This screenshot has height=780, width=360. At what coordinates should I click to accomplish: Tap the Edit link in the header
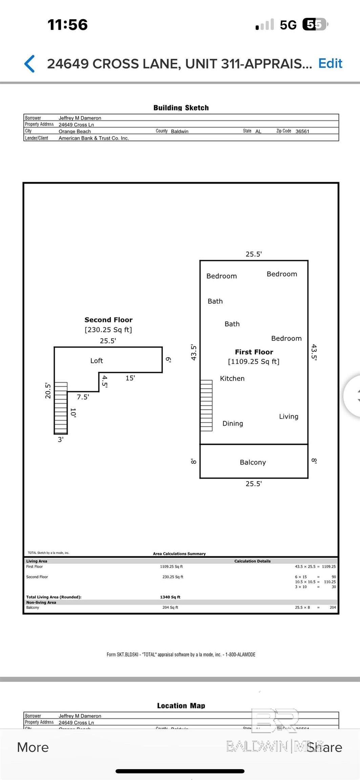pos(330,63)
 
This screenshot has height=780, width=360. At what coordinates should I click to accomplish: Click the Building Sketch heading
pos(181,108)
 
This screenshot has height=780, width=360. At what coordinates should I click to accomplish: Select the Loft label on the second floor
pos(97,361)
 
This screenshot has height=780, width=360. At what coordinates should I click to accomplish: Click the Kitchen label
pos(232,378)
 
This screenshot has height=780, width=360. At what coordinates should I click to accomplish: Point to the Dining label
pos(233,423)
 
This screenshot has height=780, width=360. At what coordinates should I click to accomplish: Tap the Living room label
pos(289,416)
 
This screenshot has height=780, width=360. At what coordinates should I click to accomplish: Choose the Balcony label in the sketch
pos(253,462)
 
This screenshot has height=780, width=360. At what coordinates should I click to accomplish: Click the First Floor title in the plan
pos(254,352)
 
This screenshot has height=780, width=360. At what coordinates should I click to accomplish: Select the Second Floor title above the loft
pos(108,320)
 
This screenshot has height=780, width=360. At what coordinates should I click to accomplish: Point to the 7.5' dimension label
pos(83,397)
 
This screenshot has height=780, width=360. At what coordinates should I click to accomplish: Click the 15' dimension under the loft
pos(130,378)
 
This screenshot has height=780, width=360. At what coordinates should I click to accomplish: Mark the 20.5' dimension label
pos(48,391)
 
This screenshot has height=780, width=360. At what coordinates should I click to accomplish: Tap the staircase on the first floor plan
pos(206,405)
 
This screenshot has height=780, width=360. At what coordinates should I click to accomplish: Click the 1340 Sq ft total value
pos(170,597)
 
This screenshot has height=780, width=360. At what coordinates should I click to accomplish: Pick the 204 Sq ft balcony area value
pos(170,607)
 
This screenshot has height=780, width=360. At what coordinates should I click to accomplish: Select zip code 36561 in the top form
pos(302,131)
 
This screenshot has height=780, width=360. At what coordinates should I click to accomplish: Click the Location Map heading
pos(181,706)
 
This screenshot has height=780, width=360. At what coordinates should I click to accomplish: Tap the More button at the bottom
pos(33,747)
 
